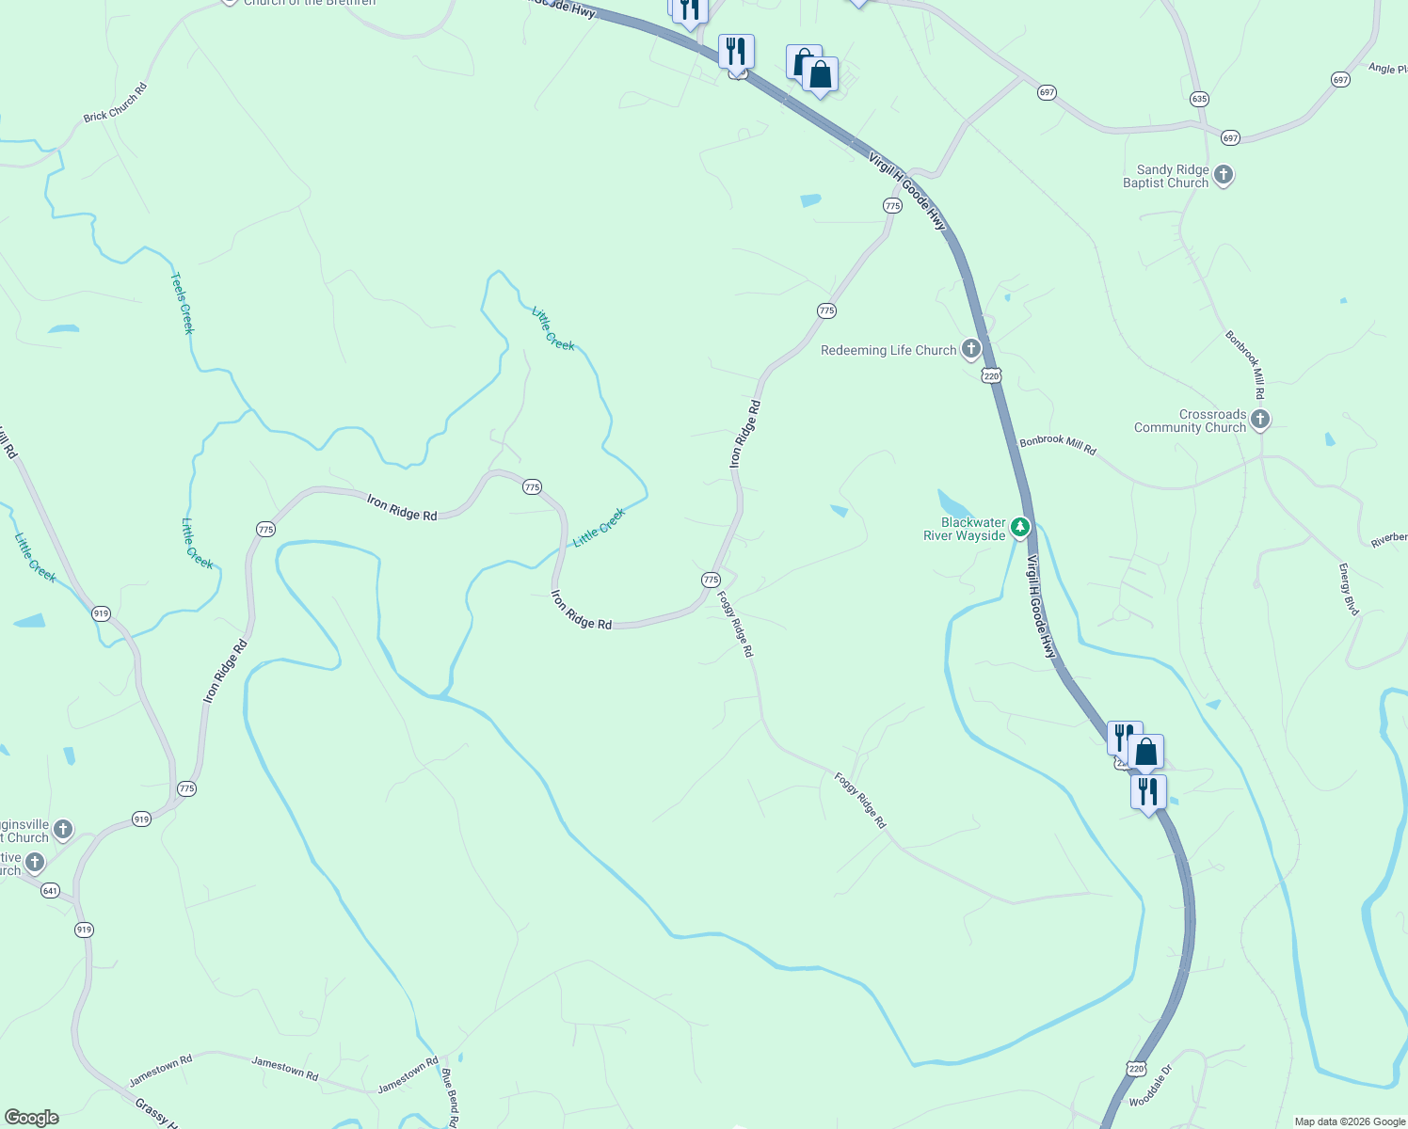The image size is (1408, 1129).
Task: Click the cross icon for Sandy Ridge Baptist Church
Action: tap(1223, 175)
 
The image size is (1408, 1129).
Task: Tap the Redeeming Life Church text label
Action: tap(888, 350)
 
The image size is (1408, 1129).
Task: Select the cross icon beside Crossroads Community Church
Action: tap(1260, 420)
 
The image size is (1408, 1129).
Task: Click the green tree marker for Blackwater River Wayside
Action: tap(1019, 528)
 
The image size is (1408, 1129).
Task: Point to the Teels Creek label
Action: tap(182, 303)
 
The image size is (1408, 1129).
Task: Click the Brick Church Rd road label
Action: tap(115, 103)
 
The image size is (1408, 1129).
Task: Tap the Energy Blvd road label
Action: tap(1349, 590)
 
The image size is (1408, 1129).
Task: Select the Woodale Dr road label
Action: tap(1151, 1087)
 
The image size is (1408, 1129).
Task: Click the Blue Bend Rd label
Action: tap(450, 1096)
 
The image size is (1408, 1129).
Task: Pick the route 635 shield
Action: tap(1198, 99)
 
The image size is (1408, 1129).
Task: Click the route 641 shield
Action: tap(51, 890)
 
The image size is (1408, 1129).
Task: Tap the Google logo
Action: tap(31, 1118)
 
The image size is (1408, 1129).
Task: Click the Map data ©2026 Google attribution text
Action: tap(1350, 1121)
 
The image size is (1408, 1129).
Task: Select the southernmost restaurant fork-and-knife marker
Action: tap(1148, 791)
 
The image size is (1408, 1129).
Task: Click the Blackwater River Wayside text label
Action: tap(964, 529)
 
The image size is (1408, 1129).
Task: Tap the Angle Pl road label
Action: tap(1387, 69)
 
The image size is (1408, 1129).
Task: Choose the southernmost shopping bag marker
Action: tap(1145, 752)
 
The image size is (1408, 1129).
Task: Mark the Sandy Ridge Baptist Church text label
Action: tap(1165, 176)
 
